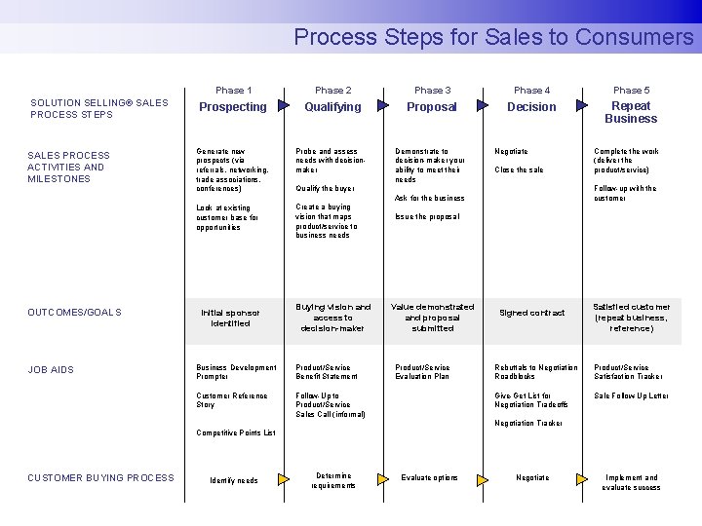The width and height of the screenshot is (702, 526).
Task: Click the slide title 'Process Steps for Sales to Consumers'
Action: pos(493,37)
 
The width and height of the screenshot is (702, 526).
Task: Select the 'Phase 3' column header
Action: pos(432,91)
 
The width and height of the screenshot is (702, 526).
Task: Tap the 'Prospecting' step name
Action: pos(233,107)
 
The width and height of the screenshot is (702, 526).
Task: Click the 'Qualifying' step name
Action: pos(332,107)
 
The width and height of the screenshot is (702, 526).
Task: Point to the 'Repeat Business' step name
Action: pos(631,113)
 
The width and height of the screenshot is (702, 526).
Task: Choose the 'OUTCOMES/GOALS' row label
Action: pos(74,313)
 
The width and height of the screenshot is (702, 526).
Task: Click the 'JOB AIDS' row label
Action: pos(51,370)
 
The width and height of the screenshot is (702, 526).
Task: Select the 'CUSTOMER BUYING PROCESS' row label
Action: pos(100,477)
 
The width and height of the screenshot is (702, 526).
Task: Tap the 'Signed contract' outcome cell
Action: pos(531,313)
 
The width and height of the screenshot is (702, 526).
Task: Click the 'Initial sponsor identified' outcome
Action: pos(230,318)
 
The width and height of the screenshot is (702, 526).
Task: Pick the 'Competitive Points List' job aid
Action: pos(236,432)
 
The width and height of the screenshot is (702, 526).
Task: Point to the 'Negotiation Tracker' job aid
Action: pos(528,423)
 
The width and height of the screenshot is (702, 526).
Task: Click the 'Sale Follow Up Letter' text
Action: pos(631,396)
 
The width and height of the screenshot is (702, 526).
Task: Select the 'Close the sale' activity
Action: pos(519,170)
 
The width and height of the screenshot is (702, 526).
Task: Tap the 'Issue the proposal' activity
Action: pos(426,216)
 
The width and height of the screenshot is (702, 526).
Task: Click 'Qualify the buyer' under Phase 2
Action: pos(326,189)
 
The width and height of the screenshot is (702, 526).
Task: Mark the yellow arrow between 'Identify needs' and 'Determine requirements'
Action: pos(284,479)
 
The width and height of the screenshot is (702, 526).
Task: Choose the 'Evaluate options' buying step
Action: pos(429,478)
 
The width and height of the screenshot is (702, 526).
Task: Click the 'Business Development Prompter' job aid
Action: pos(236,372)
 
